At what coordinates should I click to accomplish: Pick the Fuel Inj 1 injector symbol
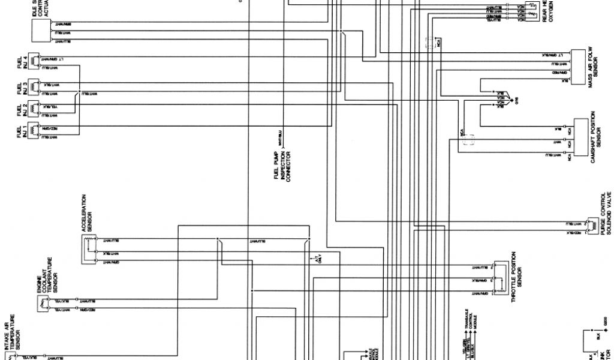(x=37, y=130)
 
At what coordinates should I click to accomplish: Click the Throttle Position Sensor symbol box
(x=499, y=277)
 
